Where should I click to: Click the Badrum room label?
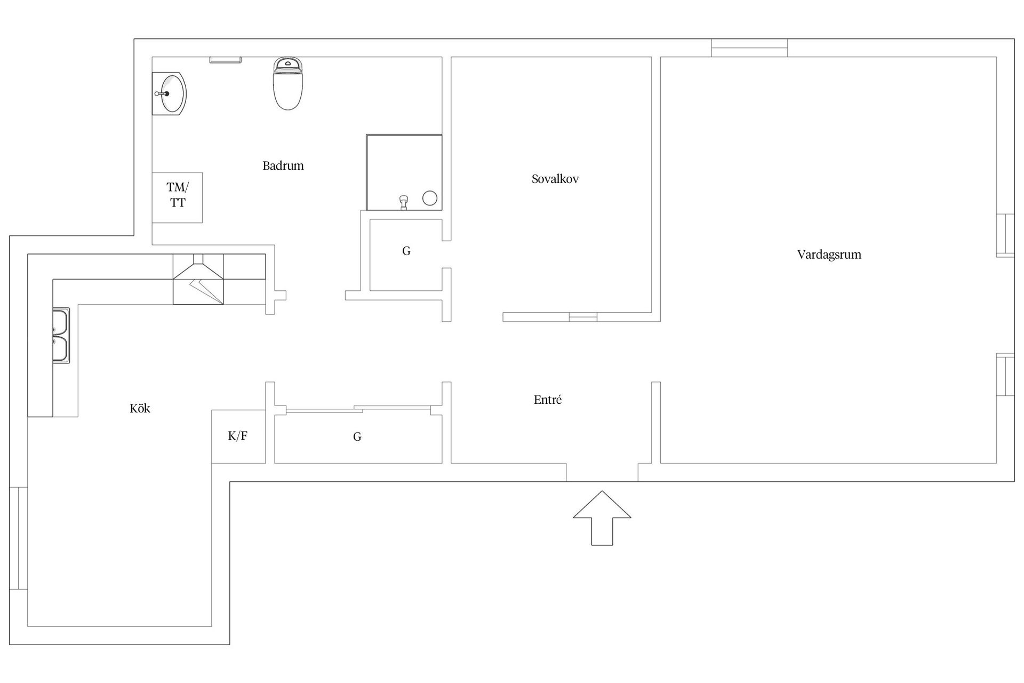click(283, 166)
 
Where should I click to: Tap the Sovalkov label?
click(555, 179)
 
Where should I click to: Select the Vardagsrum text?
click(829, 255)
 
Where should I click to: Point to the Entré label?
click(547, 400)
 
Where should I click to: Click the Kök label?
click(140, 409)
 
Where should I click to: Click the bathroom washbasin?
click(170, 94)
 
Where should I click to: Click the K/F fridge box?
click(238, 436)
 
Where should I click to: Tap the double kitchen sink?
click(61, 336)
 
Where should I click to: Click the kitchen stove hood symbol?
click(198, 279)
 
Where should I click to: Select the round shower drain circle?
click(430, 198)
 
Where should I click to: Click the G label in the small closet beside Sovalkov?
click(406, 251)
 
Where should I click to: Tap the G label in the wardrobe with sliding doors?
click(357, 437)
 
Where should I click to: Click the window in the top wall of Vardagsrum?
click(749, 48)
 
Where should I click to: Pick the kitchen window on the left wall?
click(18, 538)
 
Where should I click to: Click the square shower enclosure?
click(404, 172)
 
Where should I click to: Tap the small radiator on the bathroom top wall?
click(225, 60)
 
